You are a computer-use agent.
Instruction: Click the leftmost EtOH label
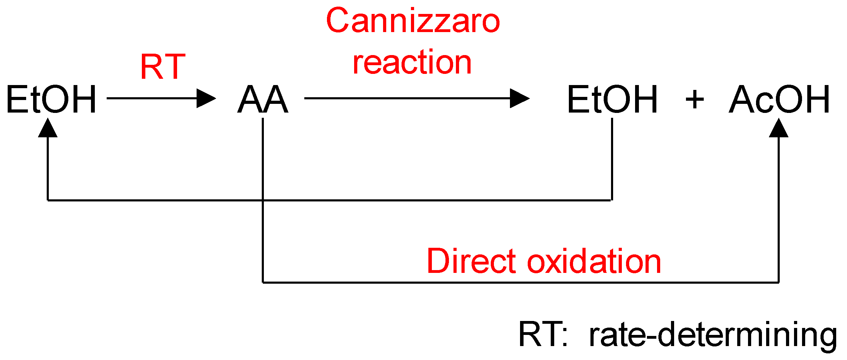pos(51,100)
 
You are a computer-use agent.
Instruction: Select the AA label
pos(263,100)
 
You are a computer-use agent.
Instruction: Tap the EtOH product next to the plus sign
pos(612,100)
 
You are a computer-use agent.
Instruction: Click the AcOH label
pos(780,100)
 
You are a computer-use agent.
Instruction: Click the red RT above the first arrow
pos(163,67)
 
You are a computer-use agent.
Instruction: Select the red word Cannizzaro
pos(413,21)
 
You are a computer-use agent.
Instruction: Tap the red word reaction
pos(412,63)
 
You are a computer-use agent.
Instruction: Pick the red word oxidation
pos(594,261)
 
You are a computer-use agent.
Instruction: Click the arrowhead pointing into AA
pos(206,98)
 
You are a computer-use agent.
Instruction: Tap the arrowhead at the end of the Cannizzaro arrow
pos(520,98)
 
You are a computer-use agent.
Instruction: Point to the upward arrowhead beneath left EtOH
pos(48,128)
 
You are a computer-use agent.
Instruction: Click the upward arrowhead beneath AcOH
pos(779,128)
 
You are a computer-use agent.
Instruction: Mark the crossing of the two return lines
pos(263,200)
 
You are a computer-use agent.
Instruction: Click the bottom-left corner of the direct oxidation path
pos(263,282)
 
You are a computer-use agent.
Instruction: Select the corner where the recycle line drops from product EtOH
pos(612,200)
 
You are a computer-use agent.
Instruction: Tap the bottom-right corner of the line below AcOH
pos(779,282)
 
